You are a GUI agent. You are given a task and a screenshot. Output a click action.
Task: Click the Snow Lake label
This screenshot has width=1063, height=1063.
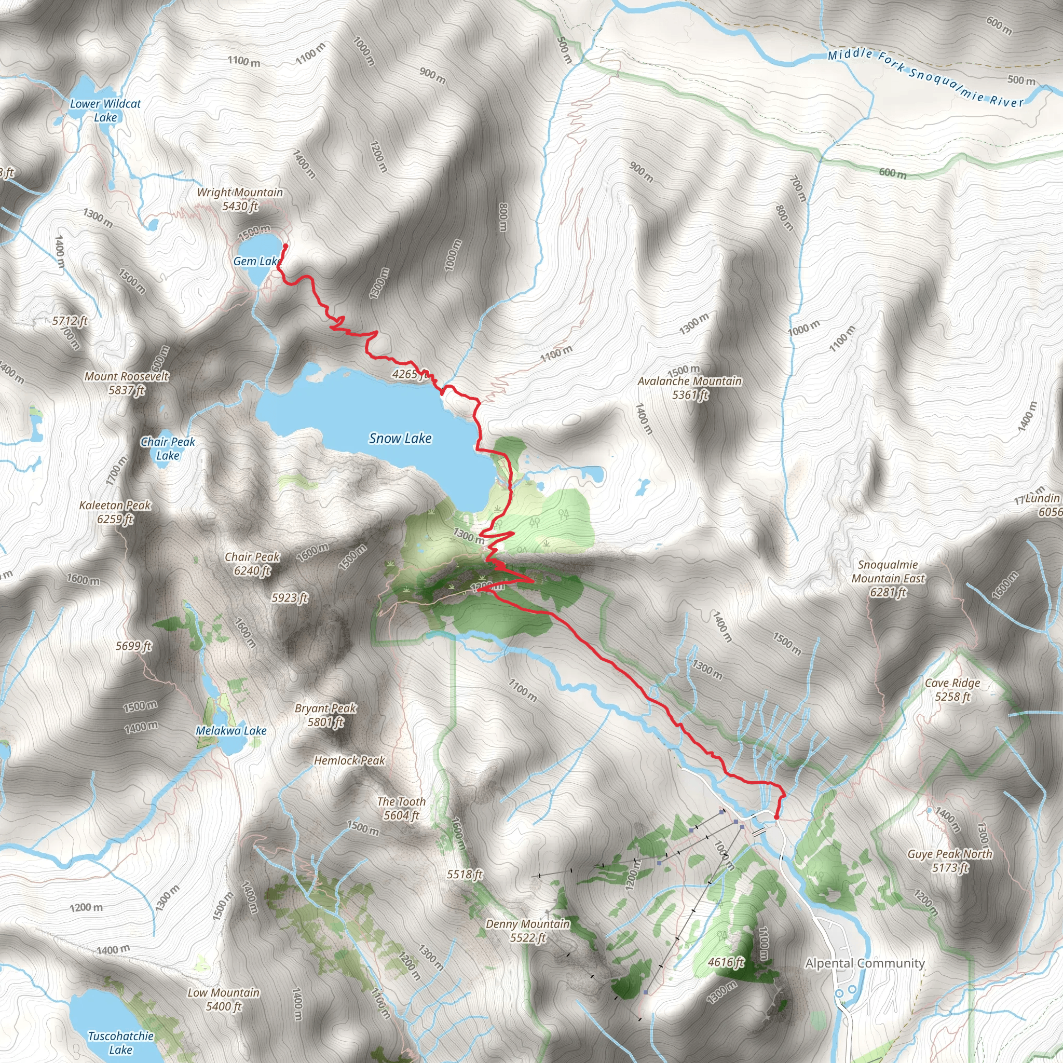[400, 439]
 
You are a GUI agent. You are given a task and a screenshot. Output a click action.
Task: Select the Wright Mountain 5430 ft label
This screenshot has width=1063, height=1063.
[240, 199]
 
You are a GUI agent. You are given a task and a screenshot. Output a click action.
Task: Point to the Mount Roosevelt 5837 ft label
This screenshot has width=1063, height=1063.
[127, 384]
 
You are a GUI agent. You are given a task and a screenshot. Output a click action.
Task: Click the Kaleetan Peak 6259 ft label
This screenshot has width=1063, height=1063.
[115, 512]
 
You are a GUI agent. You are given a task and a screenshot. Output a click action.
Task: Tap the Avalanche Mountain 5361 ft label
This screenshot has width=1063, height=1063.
[689, 388]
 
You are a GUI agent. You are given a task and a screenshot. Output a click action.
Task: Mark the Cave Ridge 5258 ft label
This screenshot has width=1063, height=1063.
[952, 690]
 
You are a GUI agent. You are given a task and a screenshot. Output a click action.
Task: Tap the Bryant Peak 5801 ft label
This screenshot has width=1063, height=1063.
[326, 715]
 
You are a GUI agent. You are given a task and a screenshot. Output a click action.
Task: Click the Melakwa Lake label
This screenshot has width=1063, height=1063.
[231, 731]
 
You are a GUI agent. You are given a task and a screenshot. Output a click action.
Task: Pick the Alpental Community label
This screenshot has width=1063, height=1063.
[864, 963]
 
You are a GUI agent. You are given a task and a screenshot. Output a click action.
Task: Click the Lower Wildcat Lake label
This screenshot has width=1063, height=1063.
[105, 111]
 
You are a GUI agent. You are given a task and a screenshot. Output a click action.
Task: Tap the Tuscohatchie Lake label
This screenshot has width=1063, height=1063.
[120, 1043]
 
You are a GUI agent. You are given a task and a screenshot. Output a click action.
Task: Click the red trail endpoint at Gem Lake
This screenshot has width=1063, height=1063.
[285, 247]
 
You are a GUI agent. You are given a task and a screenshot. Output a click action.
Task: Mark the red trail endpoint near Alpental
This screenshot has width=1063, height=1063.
[776, 817]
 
